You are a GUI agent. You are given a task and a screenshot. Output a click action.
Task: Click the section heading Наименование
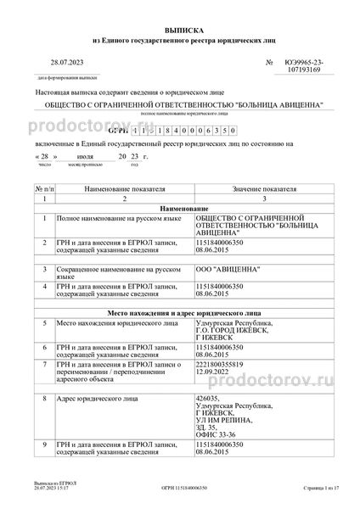(x=180, y=208)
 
